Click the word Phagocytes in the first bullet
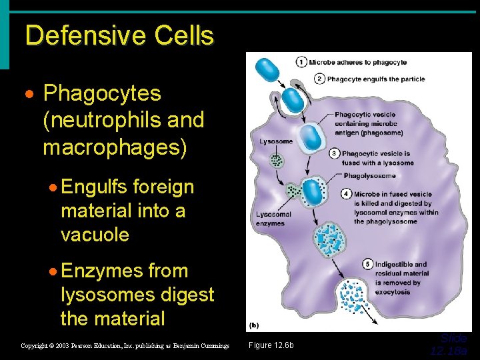(x=102, y=94)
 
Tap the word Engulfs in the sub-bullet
(x=94, y=187)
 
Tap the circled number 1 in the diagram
(x=301, y=63)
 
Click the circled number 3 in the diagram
(x=334, y=154)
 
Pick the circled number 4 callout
(x=347, y=194)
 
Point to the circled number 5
(x=367, y=264)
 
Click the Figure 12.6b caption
(x=271, y=345)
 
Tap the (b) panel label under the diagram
(x=254, y=326)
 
